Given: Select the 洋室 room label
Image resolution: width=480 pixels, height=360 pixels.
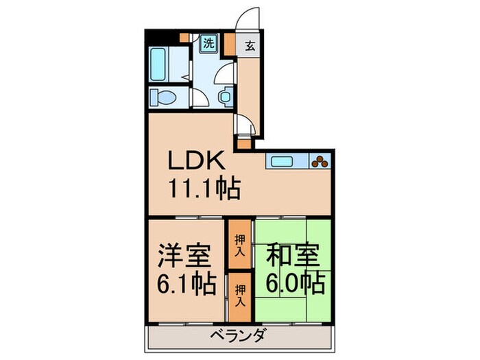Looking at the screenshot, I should click(184, 256).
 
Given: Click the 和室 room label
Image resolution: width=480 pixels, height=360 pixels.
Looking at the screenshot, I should click(293, 256).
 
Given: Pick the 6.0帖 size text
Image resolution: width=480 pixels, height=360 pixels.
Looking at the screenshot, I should click(293, 282).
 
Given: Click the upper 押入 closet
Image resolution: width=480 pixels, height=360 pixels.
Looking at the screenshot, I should click(239, 243).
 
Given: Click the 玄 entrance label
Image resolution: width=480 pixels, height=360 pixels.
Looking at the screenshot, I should click(250, 46).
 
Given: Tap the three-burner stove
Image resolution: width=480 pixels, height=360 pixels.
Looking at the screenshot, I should click(321, 162).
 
